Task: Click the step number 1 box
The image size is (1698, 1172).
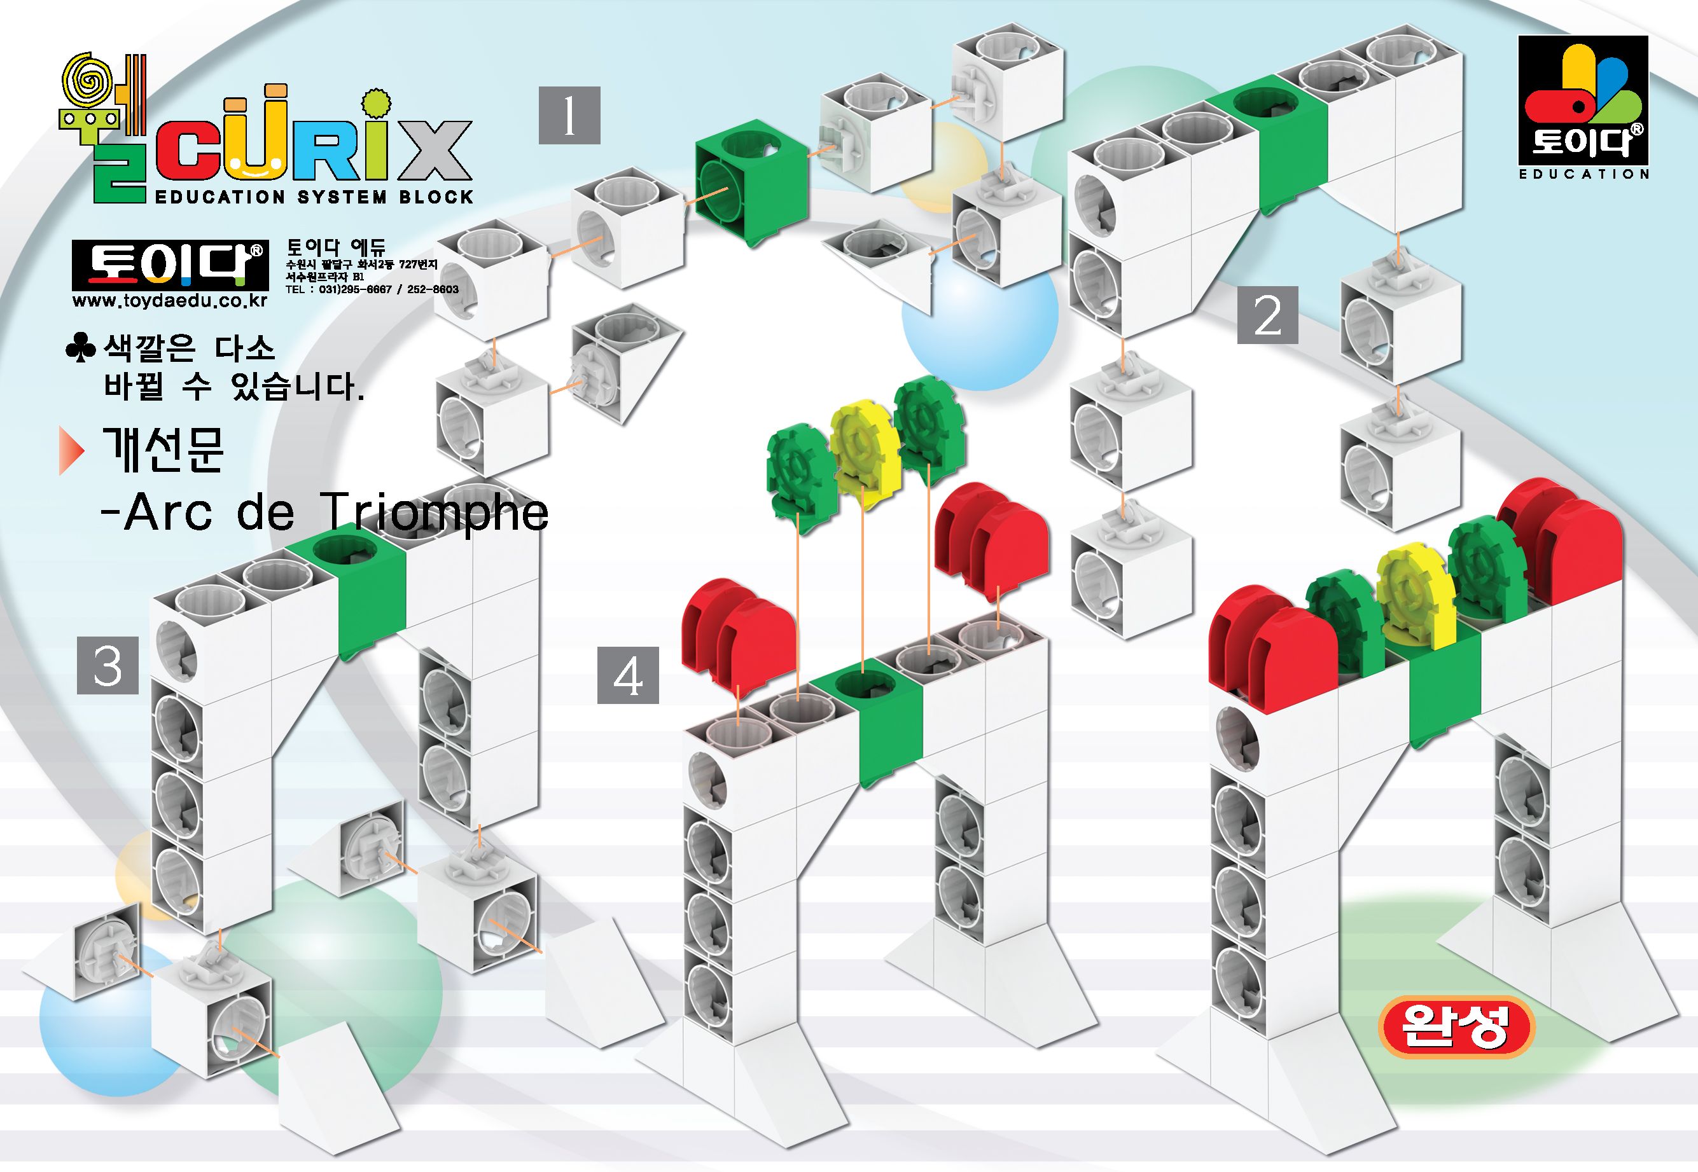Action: (569, 115)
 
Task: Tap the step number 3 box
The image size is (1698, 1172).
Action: (108, 666)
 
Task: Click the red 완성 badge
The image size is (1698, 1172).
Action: (1456, 1026)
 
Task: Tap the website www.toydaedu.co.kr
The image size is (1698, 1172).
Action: (170, 301)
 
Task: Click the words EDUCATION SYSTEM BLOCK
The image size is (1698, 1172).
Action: (314, 196)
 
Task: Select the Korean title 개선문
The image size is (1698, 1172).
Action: (163, 450)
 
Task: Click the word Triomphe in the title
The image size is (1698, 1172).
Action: (433, 513)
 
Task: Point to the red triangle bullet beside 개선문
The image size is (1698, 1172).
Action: (71, 450)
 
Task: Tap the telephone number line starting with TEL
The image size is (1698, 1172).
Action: (372, 289)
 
